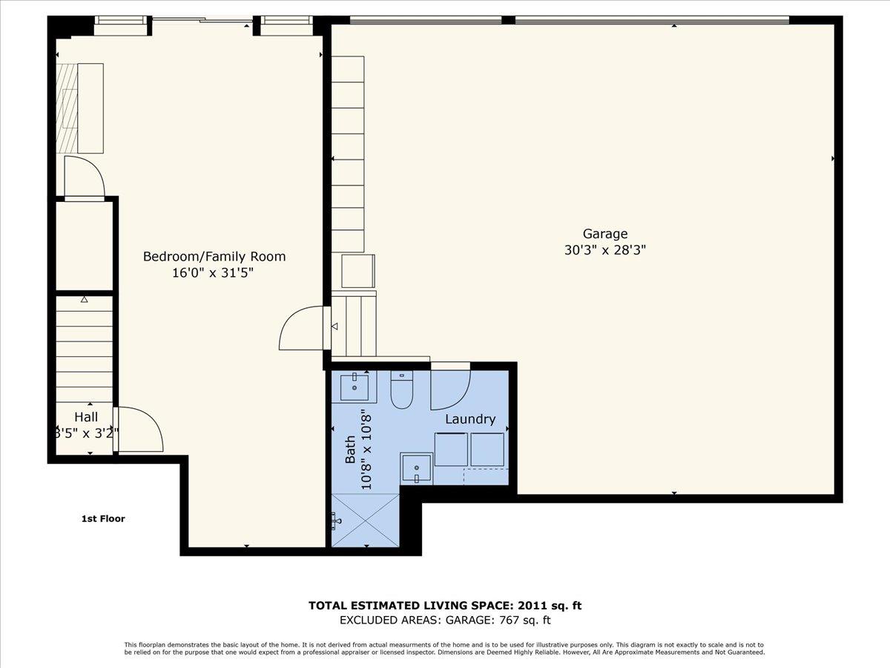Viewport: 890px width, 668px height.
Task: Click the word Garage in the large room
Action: pos(604,235)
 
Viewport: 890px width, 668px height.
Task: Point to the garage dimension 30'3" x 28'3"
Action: pos(604,251)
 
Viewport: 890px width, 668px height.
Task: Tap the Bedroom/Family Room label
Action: pos(214,257)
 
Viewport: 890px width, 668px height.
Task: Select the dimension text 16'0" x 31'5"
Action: pos(214,273)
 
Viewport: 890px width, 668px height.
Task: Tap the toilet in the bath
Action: pos(401,392)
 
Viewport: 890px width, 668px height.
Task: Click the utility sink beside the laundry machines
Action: pos(417,468)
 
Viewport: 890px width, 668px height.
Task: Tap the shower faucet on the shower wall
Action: pos(337,521)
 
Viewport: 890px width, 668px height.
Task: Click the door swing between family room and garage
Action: pos(303,328)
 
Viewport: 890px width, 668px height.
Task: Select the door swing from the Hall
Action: pos(139,429)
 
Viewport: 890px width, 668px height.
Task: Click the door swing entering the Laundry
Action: pos(450,389)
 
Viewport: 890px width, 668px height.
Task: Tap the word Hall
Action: pos(85,418)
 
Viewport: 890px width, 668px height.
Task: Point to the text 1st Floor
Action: pos(103,519)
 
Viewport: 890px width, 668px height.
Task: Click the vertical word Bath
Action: pos(350,449)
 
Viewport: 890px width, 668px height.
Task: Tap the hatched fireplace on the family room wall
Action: pos(68,108)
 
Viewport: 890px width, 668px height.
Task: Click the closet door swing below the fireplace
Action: pos(83,177)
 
